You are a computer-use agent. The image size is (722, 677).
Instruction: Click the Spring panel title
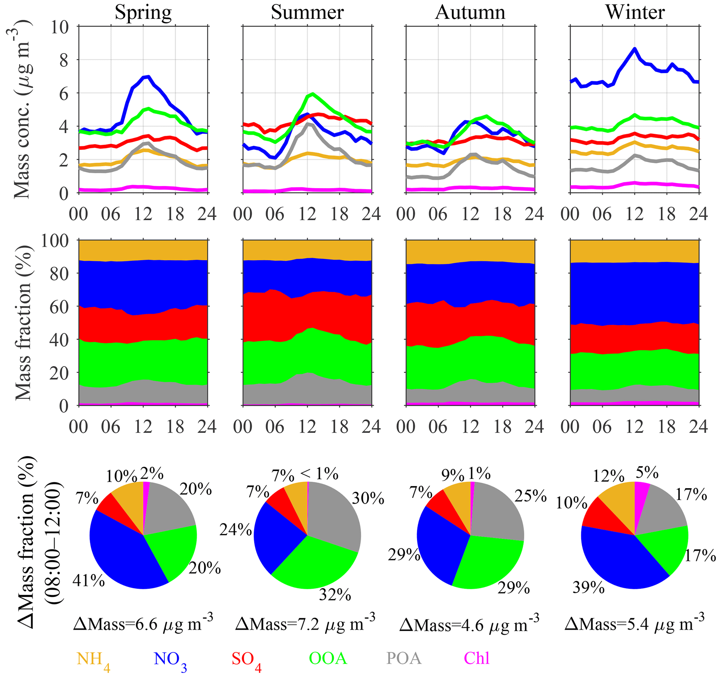143,12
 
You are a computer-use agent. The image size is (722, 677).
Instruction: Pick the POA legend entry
404,658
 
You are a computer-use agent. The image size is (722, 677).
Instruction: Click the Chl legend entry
477,658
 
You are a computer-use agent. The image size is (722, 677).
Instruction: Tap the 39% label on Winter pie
588,587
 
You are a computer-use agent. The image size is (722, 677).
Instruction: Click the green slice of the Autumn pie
487,563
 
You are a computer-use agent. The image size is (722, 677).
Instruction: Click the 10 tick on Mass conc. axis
60,27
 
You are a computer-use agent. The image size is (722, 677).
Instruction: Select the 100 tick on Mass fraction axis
54,240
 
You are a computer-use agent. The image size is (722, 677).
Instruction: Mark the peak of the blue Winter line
634,49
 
